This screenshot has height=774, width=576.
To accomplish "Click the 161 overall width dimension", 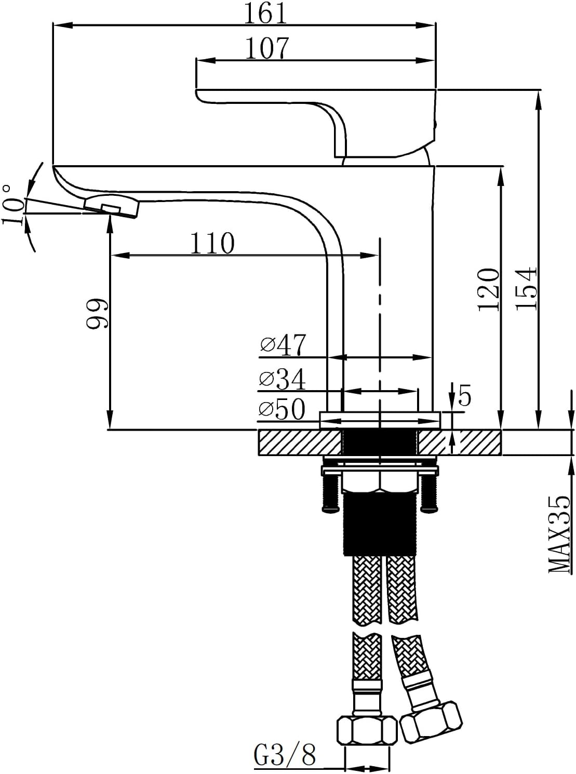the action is pyautogui.click(x=265, y=14).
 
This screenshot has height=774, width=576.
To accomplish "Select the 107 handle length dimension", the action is pyautogui.click(x=267, y=48).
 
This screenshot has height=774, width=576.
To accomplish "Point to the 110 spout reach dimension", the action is pyautogui.click(x=212, y=243).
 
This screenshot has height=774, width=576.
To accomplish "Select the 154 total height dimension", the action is pyautogui.click(x=526, y=288).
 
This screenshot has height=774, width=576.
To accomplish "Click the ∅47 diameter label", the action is pyautogui.click(x=283, y=345).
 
